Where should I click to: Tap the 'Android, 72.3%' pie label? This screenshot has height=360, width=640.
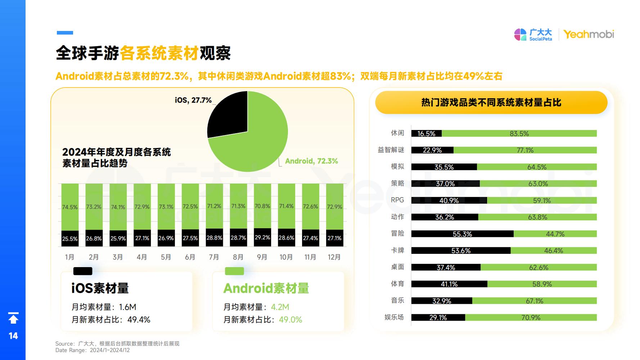[311, 161]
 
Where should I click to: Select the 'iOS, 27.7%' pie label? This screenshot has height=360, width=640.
[193, 100]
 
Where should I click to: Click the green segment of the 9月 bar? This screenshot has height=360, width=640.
[262, 206]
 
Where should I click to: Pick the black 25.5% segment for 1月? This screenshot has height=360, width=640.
[70, 238]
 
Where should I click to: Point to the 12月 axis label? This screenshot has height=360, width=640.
[334, 257]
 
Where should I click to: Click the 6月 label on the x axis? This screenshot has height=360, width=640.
[190, 257]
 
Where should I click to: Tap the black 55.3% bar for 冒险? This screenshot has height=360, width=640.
[462, 234]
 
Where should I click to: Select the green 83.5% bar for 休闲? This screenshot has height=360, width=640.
[519, 134]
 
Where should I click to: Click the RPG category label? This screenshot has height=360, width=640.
[397, 200]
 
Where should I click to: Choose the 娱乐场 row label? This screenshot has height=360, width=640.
[394, 317]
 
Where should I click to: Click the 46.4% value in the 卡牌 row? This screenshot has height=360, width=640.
[553, 251]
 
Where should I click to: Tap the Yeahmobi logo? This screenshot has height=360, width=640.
[589, 34]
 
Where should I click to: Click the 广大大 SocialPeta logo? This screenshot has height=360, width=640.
[533, 35]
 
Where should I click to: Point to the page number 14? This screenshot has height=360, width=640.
[13, 336]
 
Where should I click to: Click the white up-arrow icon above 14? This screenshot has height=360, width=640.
[13, 318]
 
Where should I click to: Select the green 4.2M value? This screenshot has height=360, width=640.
[280, 307]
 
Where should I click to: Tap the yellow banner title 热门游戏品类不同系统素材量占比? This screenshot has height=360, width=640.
[491, 103]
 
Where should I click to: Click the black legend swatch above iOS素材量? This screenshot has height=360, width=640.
[83, 271]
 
